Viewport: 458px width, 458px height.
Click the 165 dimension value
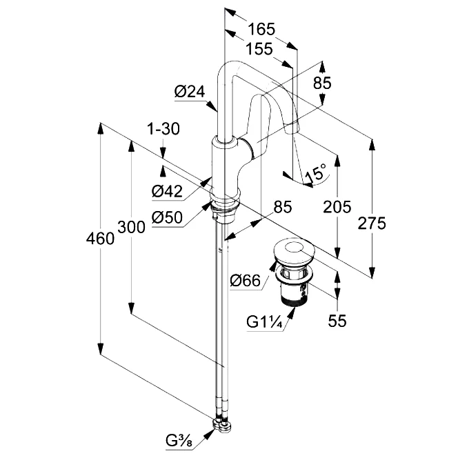[261, 30]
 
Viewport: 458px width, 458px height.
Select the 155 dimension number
[259, 49]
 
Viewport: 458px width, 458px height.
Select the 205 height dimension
[337, 206]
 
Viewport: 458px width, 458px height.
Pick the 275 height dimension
[372, 223]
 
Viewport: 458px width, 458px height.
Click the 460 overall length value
[99, 239]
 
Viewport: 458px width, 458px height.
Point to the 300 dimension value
[130, 226]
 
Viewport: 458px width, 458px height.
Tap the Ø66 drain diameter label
[245, 280]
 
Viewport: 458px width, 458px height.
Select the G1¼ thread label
[263, 322]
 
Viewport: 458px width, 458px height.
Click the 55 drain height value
[337, 321]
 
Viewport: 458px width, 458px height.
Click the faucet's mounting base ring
[224, 205]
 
